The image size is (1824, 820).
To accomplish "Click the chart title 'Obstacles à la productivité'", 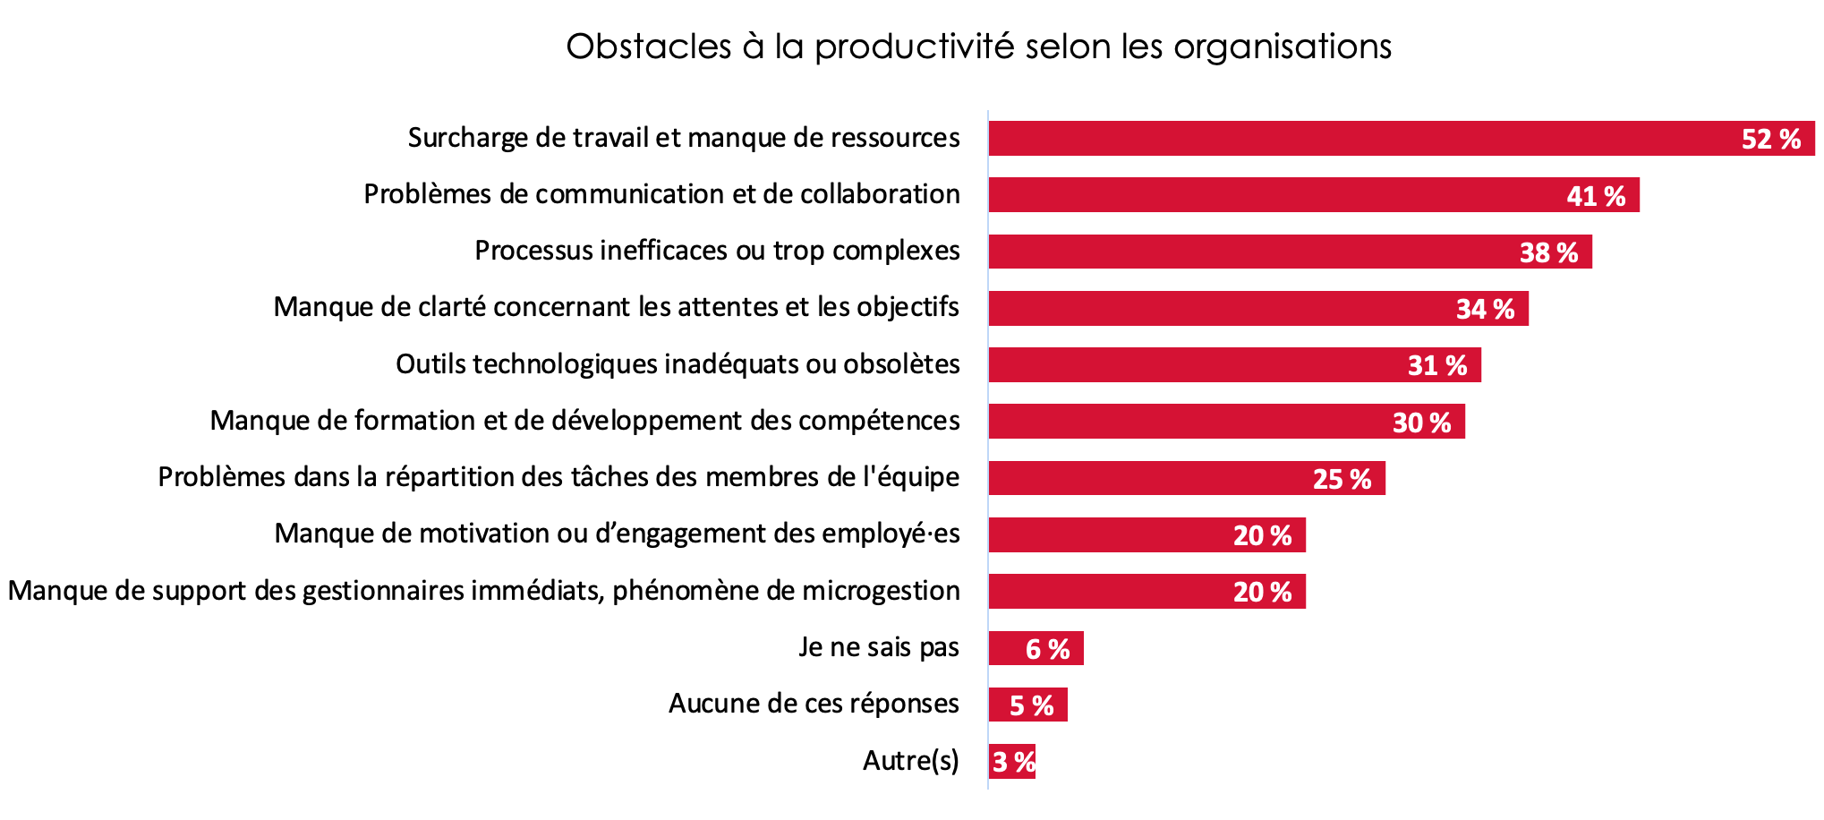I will pyautogui.click(x=978, y=47).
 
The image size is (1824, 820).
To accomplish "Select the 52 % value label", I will pyautogui.click(x=1770, y=139).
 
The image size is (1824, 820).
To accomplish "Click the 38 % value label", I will pyautogui.click(x=1548, y=252).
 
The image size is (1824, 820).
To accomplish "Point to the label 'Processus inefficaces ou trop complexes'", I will pyautogui.click(x=717, y=251).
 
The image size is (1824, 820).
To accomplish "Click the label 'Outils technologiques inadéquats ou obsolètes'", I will pyautogui.click(x=678, y=364).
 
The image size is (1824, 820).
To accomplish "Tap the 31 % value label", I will pyautogui.click(x=1436, y=365).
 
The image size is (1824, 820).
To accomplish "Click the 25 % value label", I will pyautogui.click(x=1342, y=479).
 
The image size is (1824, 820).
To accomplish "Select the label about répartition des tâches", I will pyautogui.click(x=558, y=477).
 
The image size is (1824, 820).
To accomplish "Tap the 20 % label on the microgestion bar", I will pyautogui.click(x=1262, y=592).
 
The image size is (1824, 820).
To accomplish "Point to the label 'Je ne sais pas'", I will pyautogui.click(x=878, y=647).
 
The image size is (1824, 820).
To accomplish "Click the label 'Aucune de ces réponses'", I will pyautogui.click(x=814, y=704).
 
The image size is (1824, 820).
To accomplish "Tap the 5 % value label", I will pyautogui.click(x=1031, y=705).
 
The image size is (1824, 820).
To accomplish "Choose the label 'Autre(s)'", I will pyautogui.click(x=910, y=761).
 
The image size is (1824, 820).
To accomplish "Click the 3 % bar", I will pyautogui.click(x=1012, y=762).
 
